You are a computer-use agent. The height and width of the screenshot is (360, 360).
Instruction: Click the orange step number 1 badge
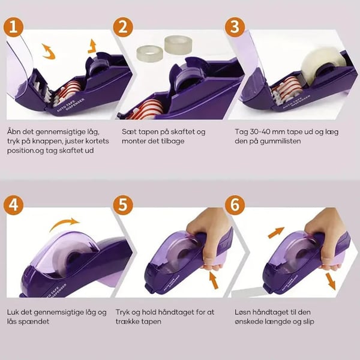tap(13, 27)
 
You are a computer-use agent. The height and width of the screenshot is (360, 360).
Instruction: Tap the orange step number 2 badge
tap(123, 27)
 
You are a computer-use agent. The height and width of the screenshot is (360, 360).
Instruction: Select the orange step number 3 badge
tap(235, 27)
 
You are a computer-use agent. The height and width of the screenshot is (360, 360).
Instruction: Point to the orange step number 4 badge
tap(13, 205)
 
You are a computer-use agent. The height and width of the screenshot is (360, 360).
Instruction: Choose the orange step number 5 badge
tap(123, 205)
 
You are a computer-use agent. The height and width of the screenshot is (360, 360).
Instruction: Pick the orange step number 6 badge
tap(235, 205)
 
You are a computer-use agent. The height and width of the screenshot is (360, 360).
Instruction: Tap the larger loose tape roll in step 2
tap(178, 45)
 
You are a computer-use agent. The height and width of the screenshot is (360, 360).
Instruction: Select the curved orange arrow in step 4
tap(64, 223)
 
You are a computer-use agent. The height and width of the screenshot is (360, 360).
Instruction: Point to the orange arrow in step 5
tap(214, 280)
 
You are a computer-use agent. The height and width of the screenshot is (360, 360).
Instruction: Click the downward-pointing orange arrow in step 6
tap(331, 281)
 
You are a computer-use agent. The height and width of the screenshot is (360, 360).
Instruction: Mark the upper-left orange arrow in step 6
tap(276, 232)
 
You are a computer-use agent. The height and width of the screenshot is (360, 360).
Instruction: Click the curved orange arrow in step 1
tap(49, 52)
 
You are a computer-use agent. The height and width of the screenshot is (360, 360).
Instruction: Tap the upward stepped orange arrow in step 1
tap(92, 46)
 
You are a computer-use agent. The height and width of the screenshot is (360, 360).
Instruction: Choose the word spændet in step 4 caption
tap(34, 322)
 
